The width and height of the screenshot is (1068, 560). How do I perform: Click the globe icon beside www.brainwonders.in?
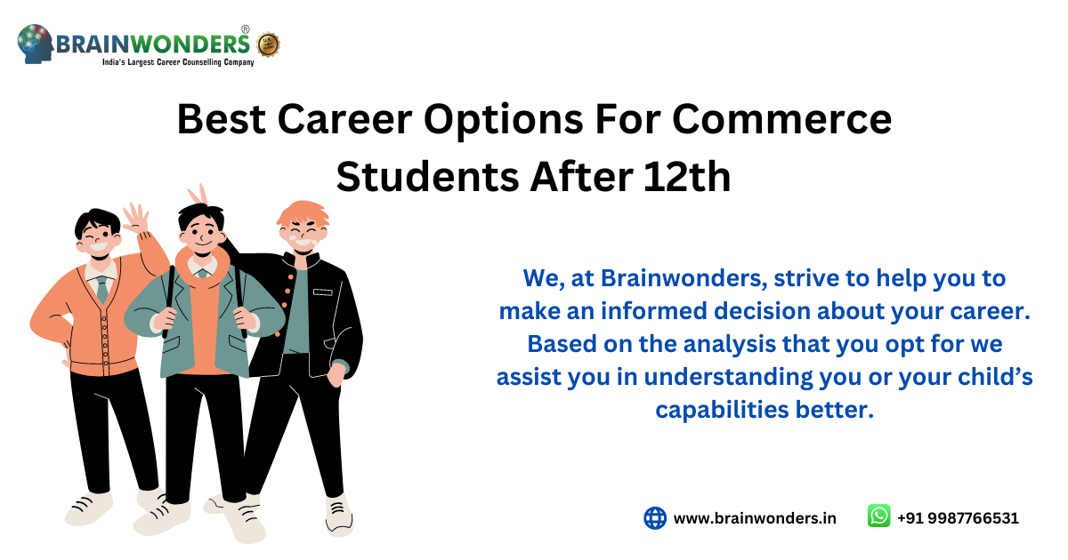655,518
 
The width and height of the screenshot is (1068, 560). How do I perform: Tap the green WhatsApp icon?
878,516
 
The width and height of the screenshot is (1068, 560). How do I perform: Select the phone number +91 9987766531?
958,518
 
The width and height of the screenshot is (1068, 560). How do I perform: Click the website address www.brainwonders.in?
755,518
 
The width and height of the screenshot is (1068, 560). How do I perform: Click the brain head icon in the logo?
36,44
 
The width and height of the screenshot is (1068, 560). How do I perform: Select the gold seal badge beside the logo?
268,44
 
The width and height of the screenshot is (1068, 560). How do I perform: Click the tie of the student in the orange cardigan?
102,288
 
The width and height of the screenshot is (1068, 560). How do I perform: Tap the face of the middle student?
201,234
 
